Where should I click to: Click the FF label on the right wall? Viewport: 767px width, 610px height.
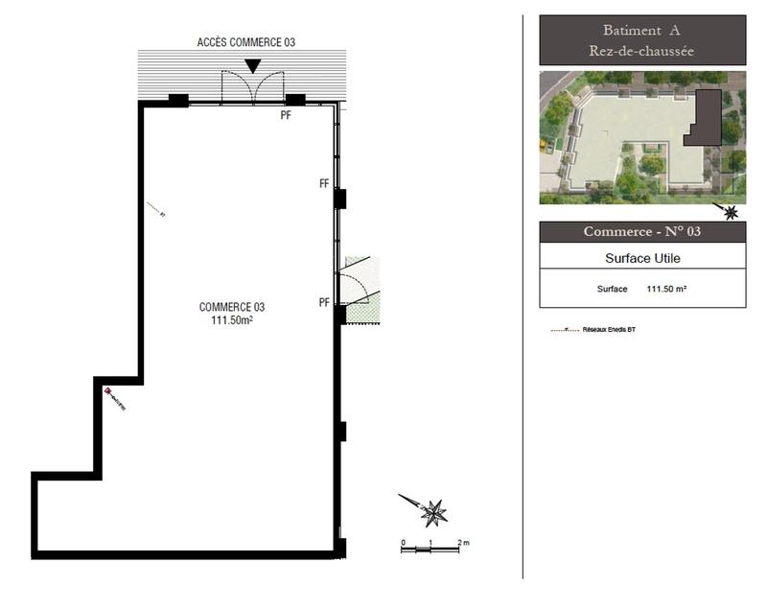coord(324,182)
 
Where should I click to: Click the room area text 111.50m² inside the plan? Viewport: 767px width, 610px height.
coord(231,320)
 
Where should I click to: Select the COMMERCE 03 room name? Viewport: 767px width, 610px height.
coord(231,307)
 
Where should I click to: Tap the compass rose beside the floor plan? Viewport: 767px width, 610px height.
coord(433,512)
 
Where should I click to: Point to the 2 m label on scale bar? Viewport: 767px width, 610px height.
coord(463,543)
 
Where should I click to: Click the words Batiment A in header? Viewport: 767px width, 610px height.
coord(641,31)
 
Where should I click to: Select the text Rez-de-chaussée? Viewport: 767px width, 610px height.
coord(641,50)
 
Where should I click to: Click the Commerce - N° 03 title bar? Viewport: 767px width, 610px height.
coord(641,232)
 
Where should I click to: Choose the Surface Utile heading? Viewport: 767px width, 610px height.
coord(641,257)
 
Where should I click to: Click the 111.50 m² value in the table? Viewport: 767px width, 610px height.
coord(666,288)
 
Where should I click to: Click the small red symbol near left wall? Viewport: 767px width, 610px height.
coord(108,391)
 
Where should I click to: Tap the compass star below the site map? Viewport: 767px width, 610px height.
coord(732,212)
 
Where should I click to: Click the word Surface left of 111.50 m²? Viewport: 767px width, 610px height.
coord(612,288)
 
